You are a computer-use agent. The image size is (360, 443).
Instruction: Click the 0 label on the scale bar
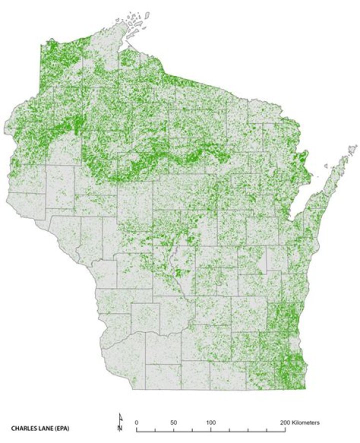(136, 422)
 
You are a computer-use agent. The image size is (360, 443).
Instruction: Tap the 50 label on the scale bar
(173, 422)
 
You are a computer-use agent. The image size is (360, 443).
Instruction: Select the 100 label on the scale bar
(211, 422)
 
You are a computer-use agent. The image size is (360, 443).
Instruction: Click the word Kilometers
(306, 422)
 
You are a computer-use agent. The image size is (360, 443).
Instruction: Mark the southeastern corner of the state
(304, 388)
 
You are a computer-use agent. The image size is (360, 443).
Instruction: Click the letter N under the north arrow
(120, 428)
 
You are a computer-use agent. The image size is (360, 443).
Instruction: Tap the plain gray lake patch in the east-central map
(261, 262)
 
